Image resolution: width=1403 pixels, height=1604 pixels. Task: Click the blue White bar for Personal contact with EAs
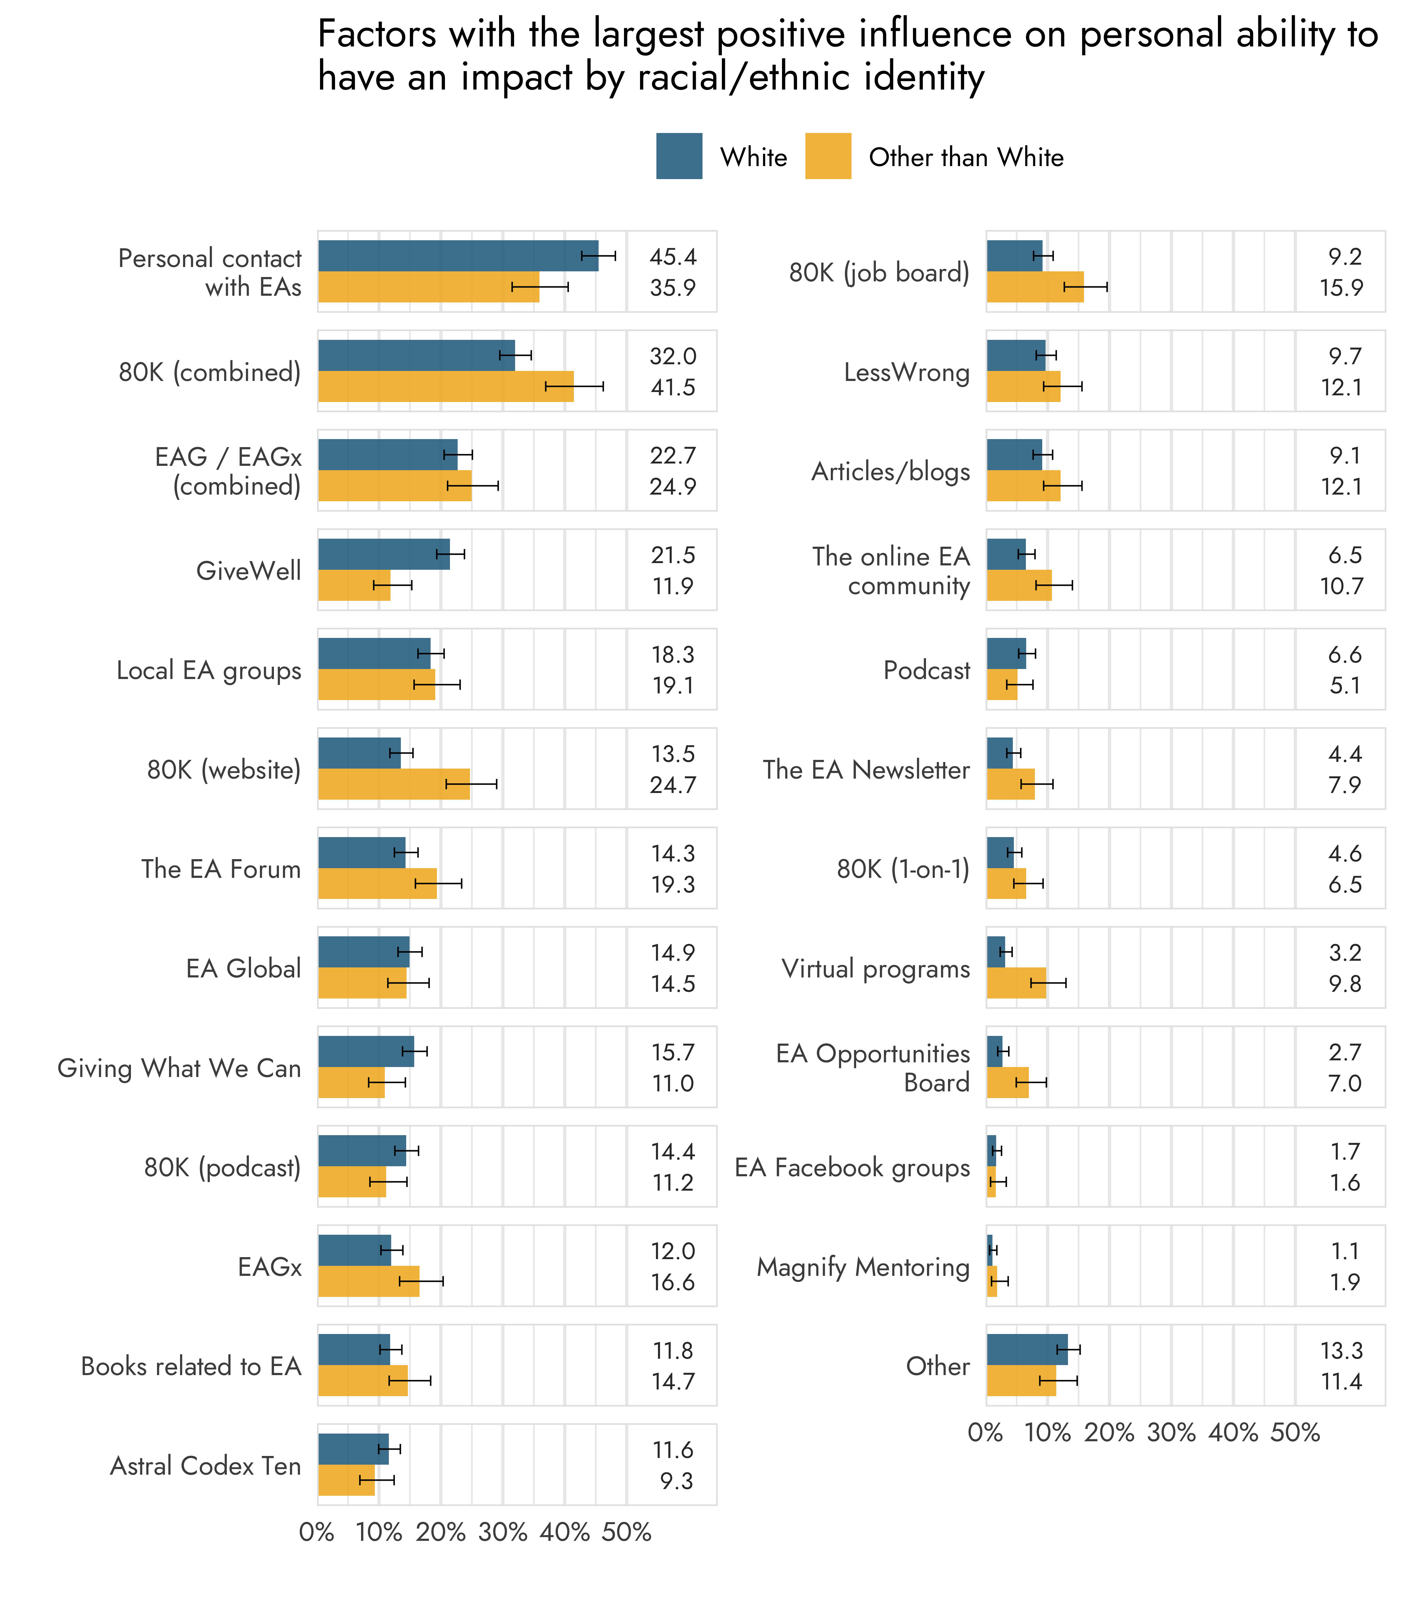[x=458, y=256]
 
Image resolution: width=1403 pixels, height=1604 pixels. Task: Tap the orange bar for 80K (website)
[x=394, y=784]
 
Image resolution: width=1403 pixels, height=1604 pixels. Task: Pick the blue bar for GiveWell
[x=383, y=554]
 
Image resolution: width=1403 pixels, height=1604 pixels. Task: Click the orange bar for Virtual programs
[x=1016, y=983]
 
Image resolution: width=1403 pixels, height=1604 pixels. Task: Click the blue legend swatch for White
[x=679, y=157]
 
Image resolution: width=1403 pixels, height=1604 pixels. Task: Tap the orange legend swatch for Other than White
[x=827, y=157]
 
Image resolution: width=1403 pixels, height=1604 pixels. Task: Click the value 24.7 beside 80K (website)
[x=672, y=785]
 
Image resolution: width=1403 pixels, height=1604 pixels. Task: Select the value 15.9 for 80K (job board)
[x=1341, y=287]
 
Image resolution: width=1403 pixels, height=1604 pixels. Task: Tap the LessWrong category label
[x=907, y=372]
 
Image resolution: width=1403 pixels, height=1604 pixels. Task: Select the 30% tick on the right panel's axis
[x=1171, y=1433]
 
